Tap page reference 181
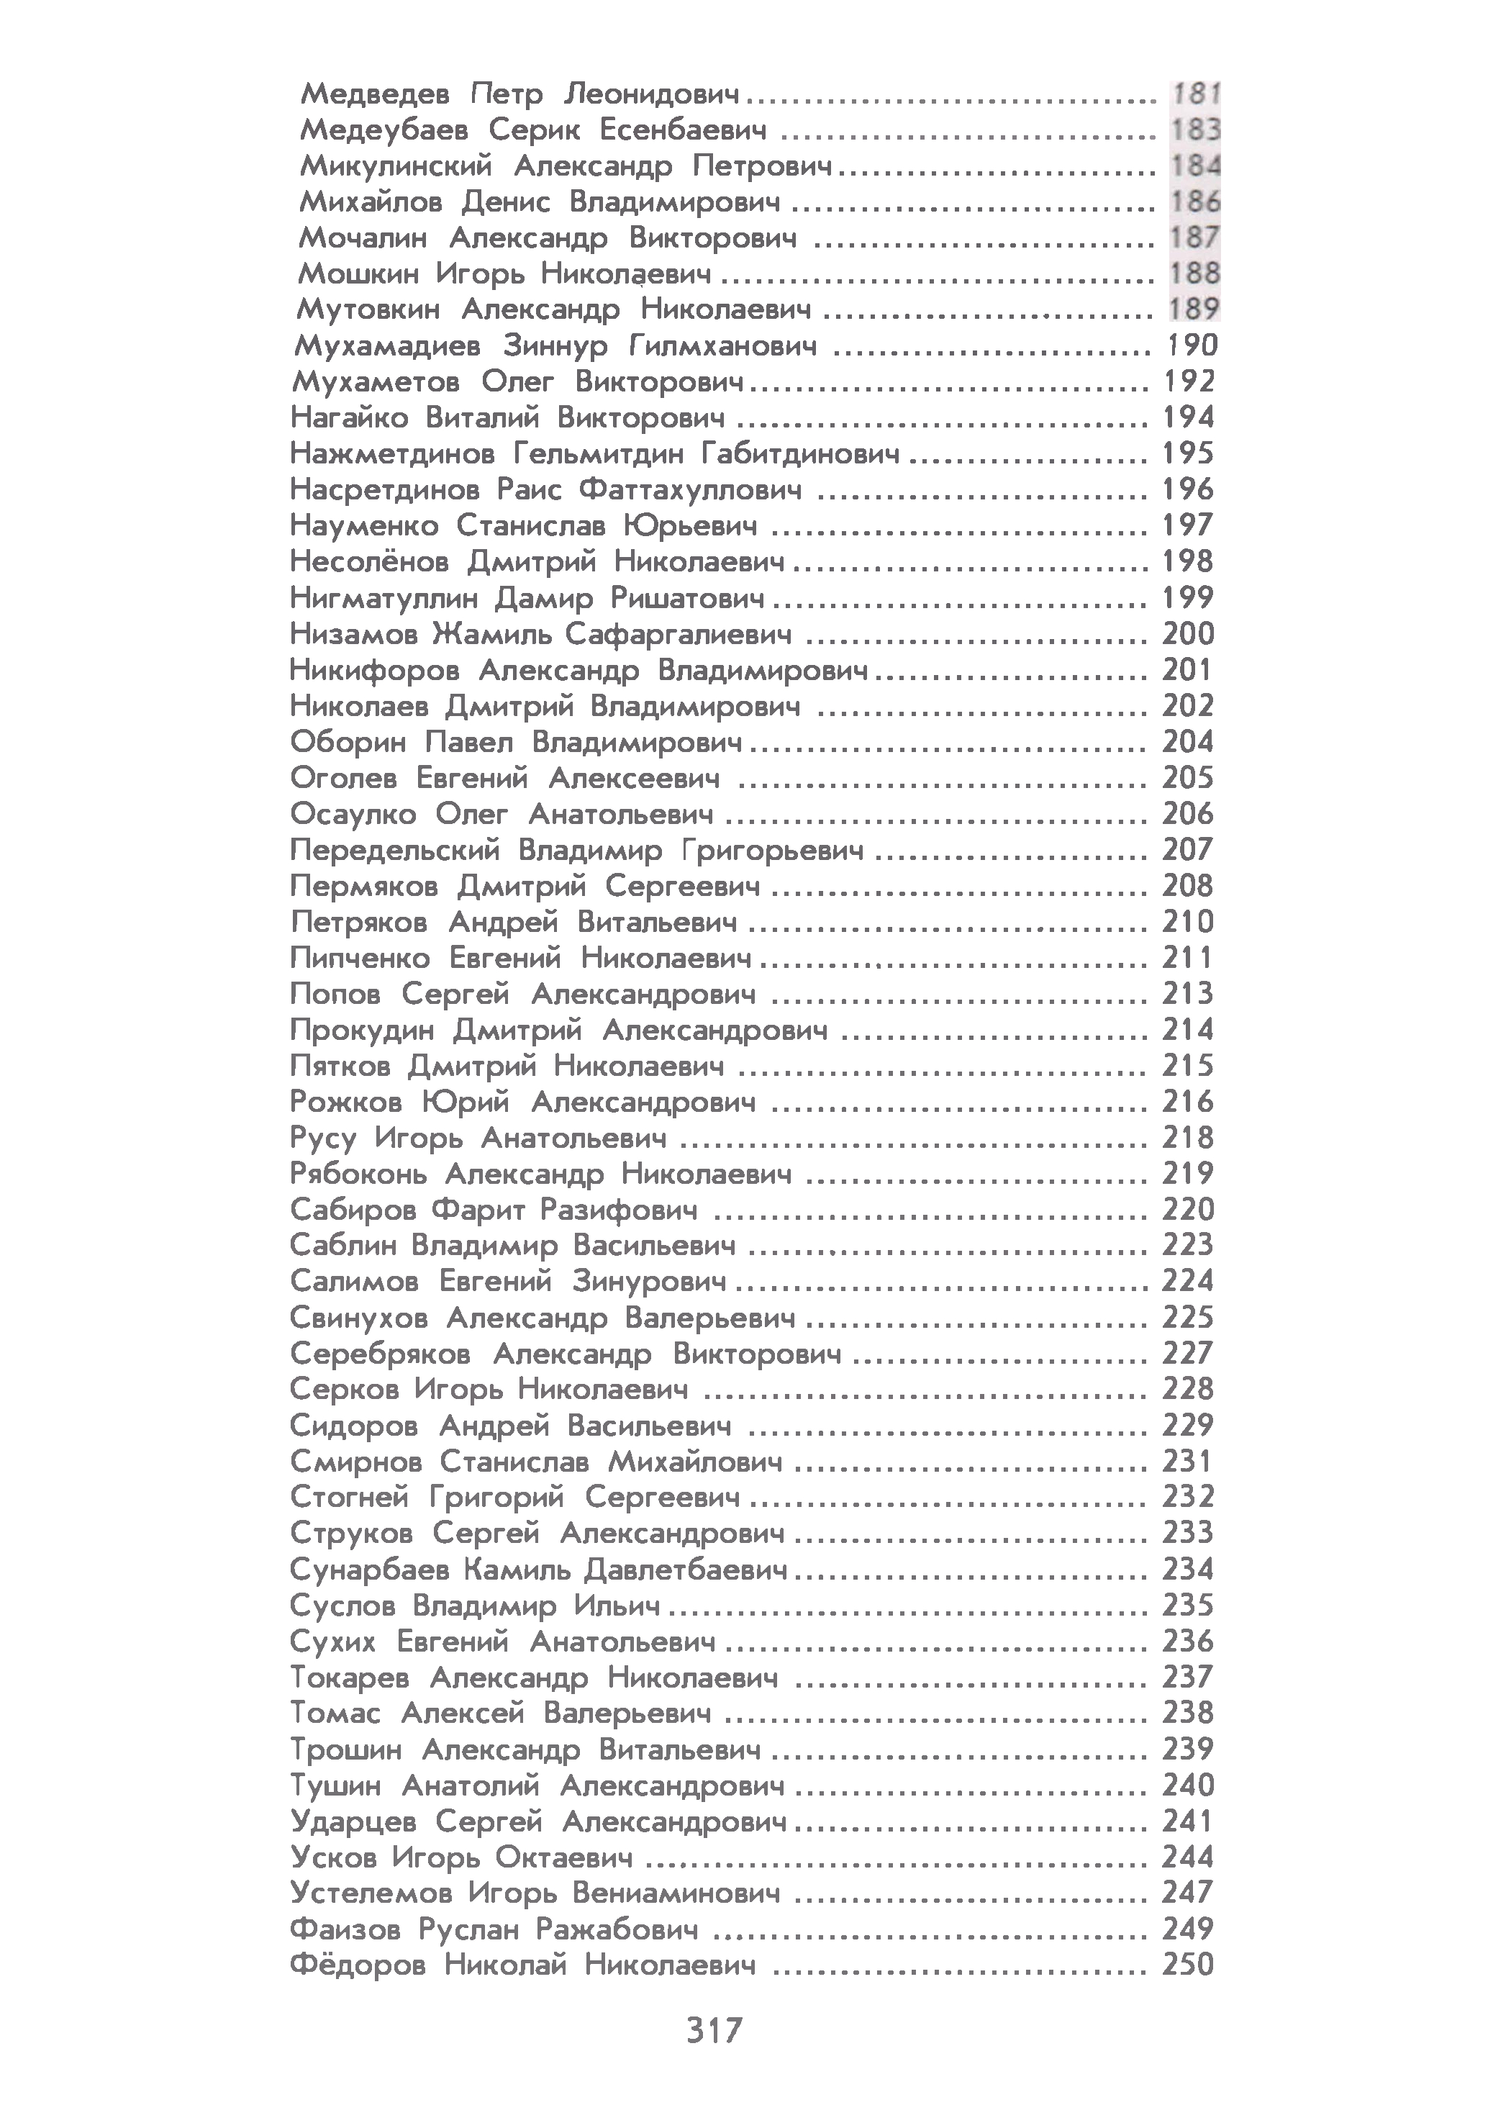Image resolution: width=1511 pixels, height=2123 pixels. point(1194,94)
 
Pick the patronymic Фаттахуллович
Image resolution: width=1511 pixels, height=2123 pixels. point(689,489)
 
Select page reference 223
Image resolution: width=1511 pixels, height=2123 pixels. point(1187,1245)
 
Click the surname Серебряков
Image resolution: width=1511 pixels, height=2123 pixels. point(380,1354)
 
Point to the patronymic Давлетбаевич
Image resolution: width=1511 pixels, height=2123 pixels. point(686,1570)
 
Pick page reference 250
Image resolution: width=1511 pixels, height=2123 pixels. point(1187,1965)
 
